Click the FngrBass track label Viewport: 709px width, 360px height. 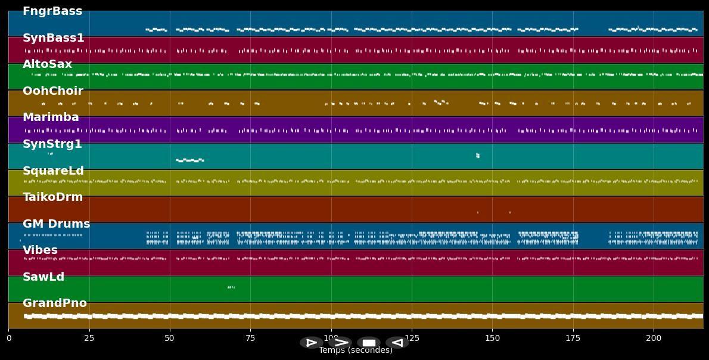point(52,11)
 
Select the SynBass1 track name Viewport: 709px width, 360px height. point(54,38)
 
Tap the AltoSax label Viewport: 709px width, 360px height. point(47,64)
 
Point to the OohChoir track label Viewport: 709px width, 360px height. point(53,91)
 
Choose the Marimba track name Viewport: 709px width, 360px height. point(51,117)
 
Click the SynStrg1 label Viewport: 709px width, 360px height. point(52,144)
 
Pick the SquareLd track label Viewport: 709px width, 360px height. point(53,171)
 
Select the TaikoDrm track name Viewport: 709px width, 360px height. point(53,197)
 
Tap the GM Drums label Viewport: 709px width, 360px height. point(57,224)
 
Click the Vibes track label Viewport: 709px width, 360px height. point(40,250)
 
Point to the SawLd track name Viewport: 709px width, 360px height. point(43,277)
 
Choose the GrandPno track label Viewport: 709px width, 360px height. point(55,303)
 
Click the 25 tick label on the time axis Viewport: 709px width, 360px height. point(89,339)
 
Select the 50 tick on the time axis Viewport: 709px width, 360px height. point(170,339)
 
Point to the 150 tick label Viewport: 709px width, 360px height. point(492,339)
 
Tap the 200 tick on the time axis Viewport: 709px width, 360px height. point(654,339)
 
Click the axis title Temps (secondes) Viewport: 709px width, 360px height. point(356,350)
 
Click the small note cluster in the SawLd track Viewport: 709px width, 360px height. point(231,287)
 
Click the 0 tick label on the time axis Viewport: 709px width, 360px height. point(8,339)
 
